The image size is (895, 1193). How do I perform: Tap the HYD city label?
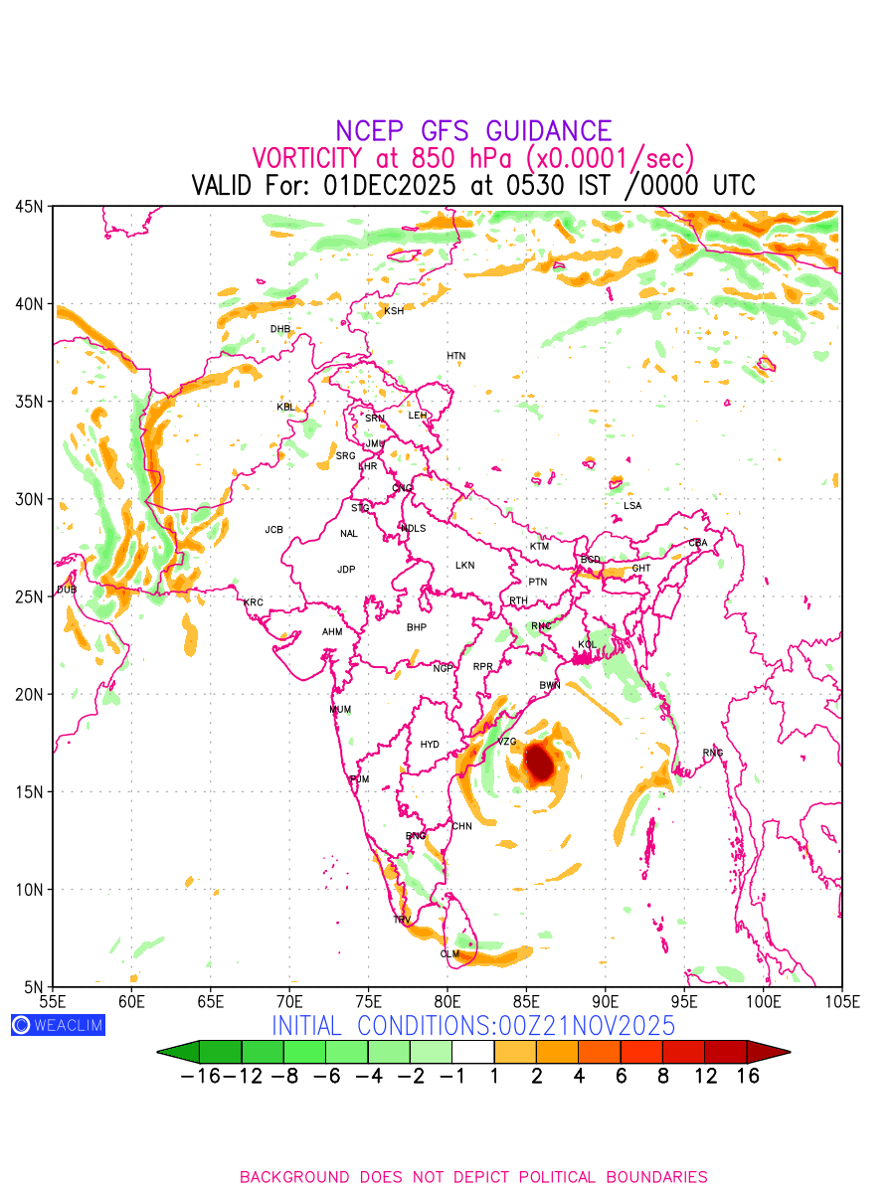[430, 745]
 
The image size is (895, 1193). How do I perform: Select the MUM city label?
[340, 710]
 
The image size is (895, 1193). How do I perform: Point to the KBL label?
[285, 407]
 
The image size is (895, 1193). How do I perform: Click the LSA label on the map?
[632, 506]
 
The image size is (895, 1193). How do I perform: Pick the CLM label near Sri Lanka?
[449, 954]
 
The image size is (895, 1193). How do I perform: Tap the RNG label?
[713, 753]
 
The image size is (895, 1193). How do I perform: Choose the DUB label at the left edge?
[67, 590]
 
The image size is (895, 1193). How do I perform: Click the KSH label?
[394, 311]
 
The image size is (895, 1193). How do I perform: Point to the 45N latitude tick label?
[29, 206]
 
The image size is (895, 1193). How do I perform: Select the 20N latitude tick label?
[29, 694]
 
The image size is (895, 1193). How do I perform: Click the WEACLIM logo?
[58, 1025]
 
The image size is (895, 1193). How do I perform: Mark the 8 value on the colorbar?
[662, 1076]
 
